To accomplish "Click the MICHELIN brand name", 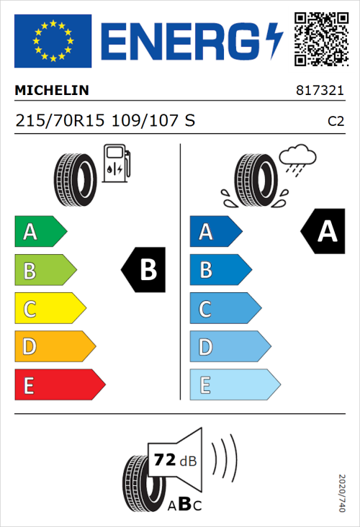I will click(x=52, y=91).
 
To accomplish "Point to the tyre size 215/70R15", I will click(x=61, y=120).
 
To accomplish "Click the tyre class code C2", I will click(x=336, y=121).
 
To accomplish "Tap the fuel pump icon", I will click(x=116, y=163).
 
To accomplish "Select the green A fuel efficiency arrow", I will click(x=40, y=232).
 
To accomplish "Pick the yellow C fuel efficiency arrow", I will click(x=49, y=309).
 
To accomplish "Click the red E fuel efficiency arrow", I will click(x=59, y=385).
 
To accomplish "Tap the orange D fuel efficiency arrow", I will click(x=54, y=347).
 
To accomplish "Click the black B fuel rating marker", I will click(x=144, y=271).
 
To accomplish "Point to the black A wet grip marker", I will click(x=323, y=232).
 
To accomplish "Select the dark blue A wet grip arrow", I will click(x=215, y=232).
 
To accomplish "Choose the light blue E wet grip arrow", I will click(x=234, y=385).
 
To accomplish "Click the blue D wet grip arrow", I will click(x=229, y=347).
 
